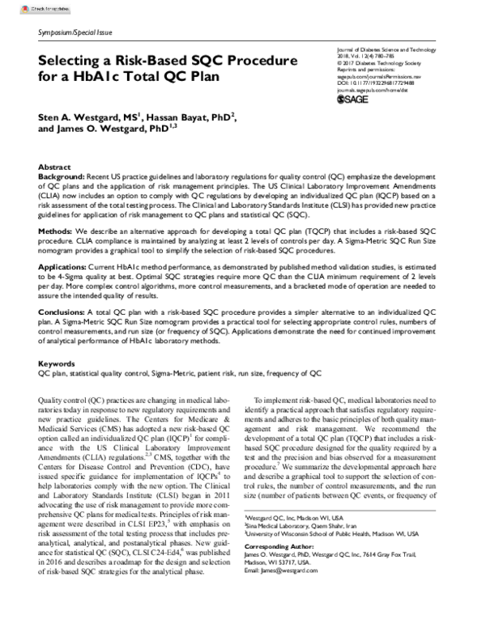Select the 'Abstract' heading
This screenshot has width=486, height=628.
pyautogui.click(x=55, y=164)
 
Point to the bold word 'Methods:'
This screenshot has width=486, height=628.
pyautogui.click(x=57, y=230)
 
